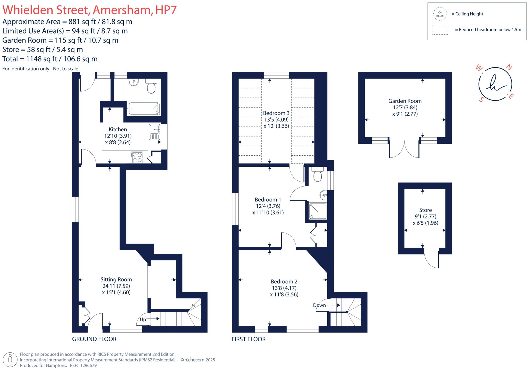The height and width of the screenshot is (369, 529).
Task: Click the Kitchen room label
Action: click(118, 130)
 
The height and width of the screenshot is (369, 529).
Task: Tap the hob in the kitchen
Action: click(137, 157)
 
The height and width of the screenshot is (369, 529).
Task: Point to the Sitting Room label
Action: click(116, 280)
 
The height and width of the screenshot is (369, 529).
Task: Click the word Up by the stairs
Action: click(143, 319)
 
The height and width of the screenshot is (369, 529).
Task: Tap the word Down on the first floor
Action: click(319, 305)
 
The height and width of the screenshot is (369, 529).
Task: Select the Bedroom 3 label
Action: click(276, 113)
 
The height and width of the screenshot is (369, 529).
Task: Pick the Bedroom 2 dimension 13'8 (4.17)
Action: click(284, 288)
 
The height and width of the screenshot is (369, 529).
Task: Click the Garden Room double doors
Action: click(404, 150)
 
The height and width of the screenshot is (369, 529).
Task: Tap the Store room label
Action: click(425, 210)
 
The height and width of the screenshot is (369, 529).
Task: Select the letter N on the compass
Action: click(509, 67)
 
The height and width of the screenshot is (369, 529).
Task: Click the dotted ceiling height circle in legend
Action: click(440, 14)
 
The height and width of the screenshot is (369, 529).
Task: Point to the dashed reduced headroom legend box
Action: click(440, 30)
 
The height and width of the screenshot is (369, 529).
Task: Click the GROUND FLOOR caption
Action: click(94, 339)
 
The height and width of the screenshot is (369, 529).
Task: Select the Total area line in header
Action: click(50, 59)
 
